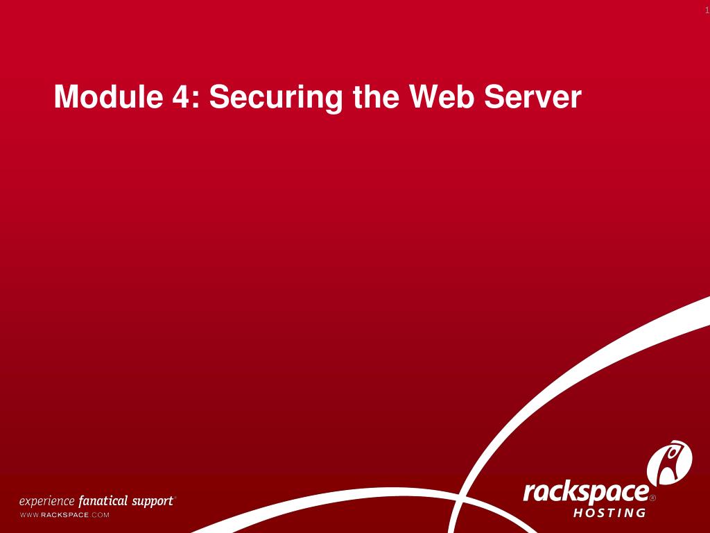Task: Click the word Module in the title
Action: point(105,96)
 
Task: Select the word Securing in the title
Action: point(276,98)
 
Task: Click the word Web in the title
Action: point(440,96)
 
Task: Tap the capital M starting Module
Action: point(66,96)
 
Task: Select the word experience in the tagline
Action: point(46,501)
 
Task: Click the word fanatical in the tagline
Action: point(103,501)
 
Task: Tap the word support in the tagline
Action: point(153,501)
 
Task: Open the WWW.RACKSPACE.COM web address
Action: point(64,515)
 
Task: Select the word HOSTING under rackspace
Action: point(609,514)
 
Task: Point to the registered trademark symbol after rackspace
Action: point(652,498)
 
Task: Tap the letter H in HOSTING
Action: point(578,514)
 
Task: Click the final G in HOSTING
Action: point(641,514)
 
